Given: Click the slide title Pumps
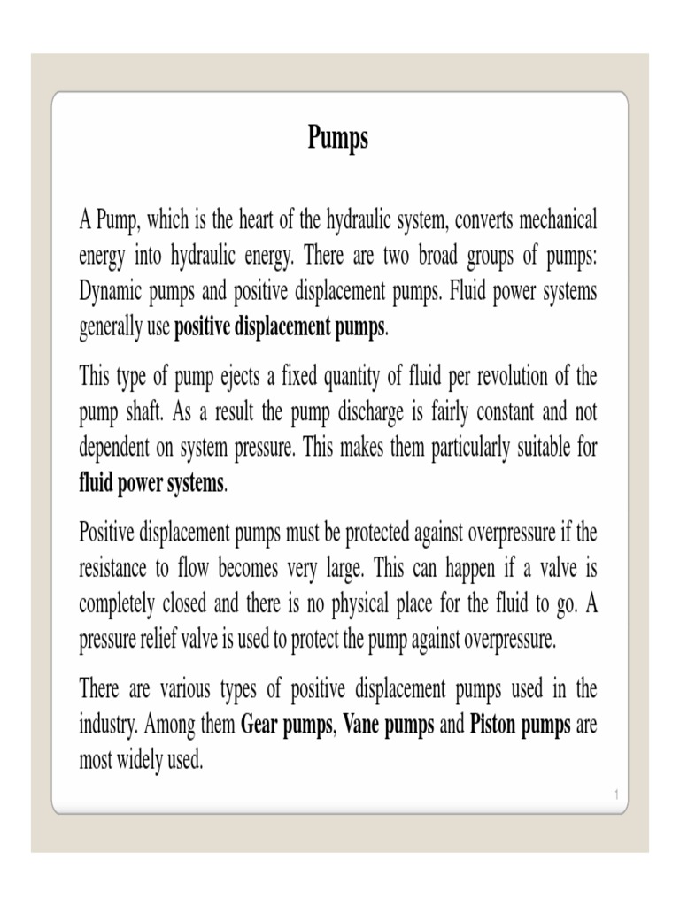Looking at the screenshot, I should tap(337, 138).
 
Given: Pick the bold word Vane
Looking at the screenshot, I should tap(364, 726).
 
